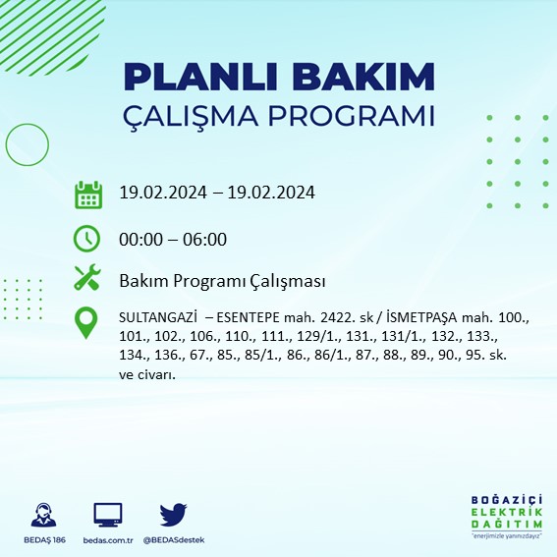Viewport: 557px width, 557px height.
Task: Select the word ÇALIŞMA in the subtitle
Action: pos(199,117)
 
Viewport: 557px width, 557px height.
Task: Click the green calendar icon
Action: pos(88,194)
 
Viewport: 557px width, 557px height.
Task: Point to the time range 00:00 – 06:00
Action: pos(173,239)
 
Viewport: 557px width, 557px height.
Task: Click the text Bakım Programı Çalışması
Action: pos(222,282)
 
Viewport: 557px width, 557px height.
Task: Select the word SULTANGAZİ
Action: pos(156,319)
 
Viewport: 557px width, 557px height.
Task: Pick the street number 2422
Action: pos(319,319)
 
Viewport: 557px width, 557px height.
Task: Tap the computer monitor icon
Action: pos(108,514)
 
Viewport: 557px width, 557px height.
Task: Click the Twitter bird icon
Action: pos(173,514)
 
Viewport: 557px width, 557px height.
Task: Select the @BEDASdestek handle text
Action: pos(174,540)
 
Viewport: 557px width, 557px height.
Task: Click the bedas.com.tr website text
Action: pos(108,540)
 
